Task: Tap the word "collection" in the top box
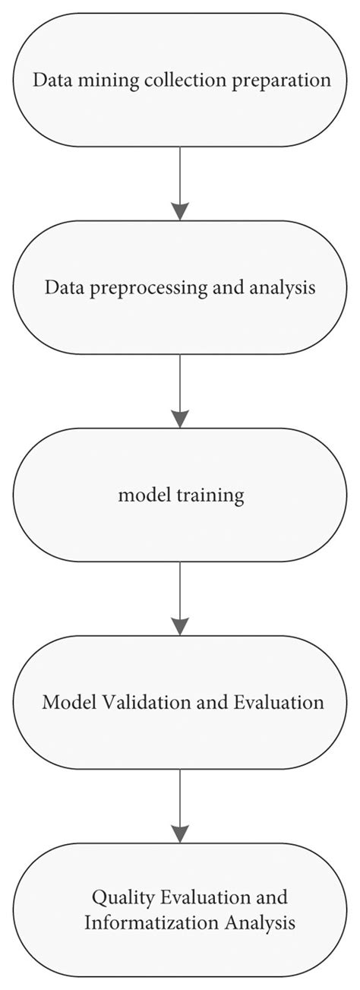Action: [165, 81]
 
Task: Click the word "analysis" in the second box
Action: [282, 289]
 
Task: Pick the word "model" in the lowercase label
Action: [138, 495]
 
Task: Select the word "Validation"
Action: [127, 702]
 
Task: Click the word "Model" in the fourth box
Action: [64, 702]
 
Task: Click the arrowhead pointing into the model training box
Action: [180, 418]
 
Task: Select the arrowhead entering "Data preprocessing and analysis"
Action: [180, 210]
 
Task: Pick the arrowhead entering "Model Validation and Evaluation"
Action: [180, 625]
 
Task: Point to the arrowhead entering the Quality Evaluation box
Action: [180, 833]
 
